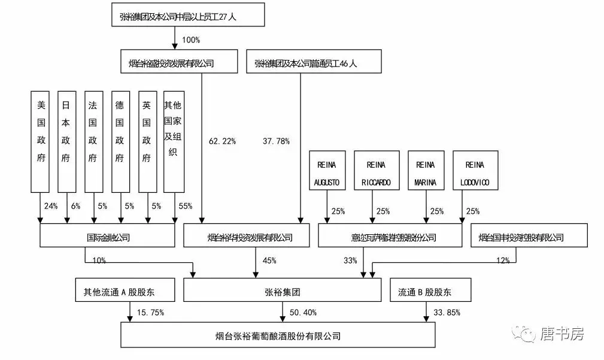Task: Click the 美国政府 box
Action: [41, 141]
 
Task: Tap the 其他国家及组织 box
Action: [174, 141]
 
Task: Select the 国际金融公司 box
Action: [108, 238]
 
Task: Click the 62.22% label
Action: [222, 141]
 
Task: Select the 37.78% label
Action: [276, 141]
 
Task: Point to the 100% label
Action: [190, 40]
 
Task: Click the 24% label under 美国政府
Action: [50, 206]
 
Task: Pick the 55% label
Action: [185, 206]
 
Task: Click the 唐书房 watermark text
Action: [561, 334]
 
